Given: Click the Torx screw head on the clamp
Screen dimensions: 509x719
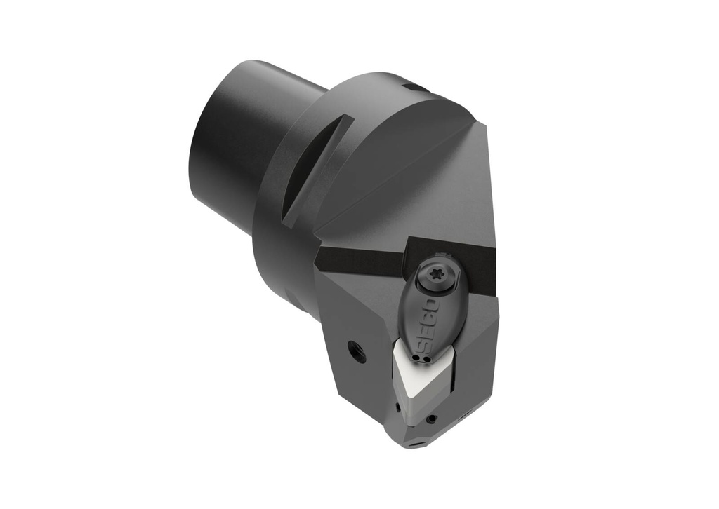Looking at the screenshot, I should click(x=436, y=276).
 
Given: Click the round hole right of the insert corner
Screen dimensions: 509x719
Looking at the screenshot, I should click(x=431, y=419).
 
